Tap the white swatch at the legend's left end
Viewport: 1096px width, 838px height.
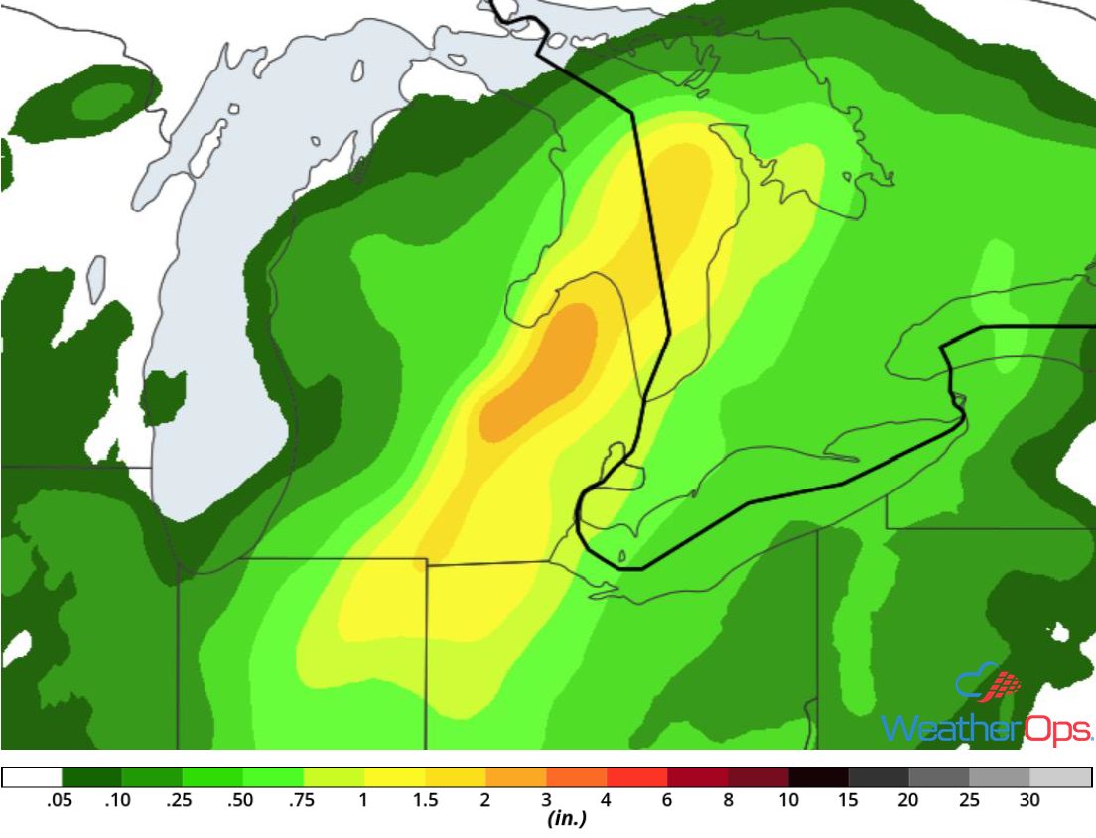pos(32,777)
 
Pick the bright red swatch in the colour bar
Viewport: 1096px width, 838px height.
pos(637,777)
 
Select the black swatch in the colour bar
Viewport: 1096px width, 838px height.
pos(819,777)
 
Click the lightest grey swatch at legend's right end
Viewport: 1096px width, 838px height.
pos(1061,777)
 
